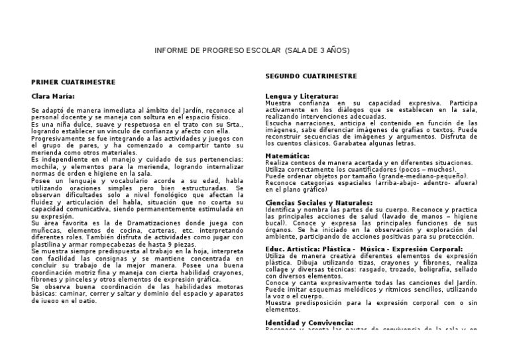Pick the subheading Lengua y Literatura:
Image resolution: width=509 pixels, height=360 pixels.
click(x=302, y=96)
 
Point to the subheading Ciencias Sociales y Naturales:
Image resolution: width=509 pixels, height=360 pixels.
click(x=319, y=202)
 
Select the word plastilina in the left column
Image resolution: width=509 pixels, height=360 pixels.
click(x=50, y=245)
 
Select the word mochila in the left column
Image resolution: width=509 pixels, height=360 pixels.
click(x=45, y=167)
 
